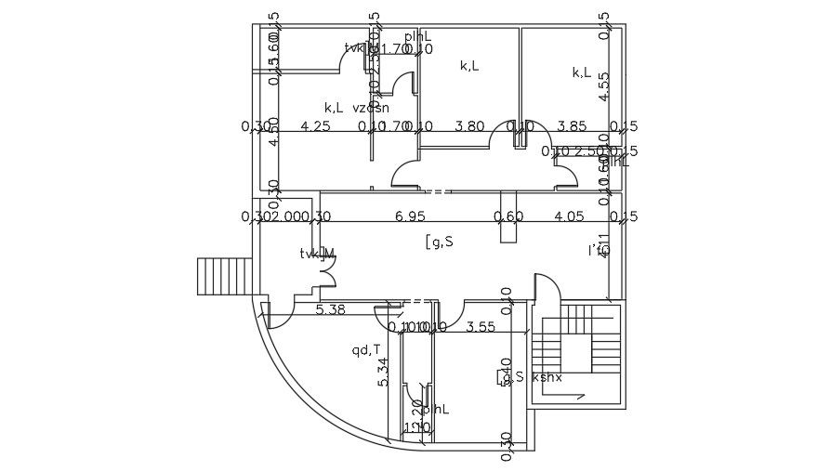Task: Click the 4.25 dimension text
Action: coord(316,126)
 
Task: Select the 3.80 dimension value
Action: coord(469,126)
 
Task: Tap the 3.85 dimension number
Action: coord(572,126)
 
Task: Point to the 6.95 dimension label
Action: coord(410,216)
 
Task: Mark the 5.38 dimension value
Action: coord(330,310)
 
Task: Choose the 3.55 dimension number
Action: coord(481,326)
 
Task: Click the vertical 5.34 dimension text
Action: coord(383,372)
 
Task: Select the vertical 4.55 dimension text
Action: coord(603,85)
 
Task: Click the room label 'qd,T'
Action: coord(365,350)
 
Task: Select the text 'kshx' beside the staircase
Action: coord(547,376)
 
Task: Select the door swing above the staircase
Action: coord(547,288)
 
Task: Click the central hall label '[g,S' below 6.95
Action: coord(439,242)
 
